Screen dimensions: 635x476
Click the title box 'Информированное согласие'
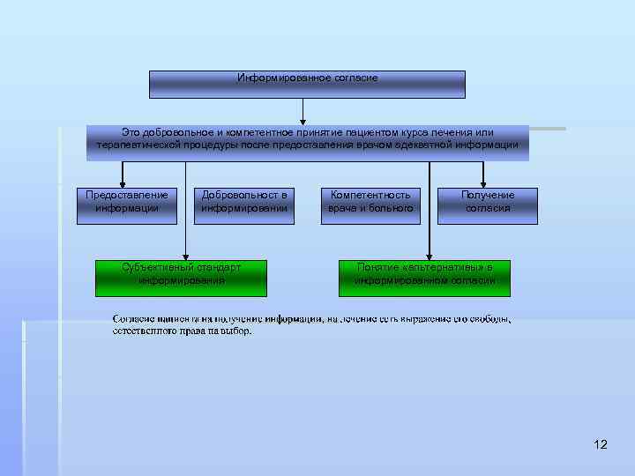307,85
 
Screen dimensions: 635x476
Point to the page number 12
601,444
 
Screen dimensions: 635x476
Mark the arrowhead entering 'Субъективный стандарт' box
184,256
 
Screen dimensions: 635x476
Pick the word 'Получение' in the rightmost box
488,195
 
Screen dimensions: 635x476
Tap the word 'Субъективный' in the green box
159,266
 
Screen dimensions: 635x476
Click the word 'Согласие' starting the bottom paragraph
134,318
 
